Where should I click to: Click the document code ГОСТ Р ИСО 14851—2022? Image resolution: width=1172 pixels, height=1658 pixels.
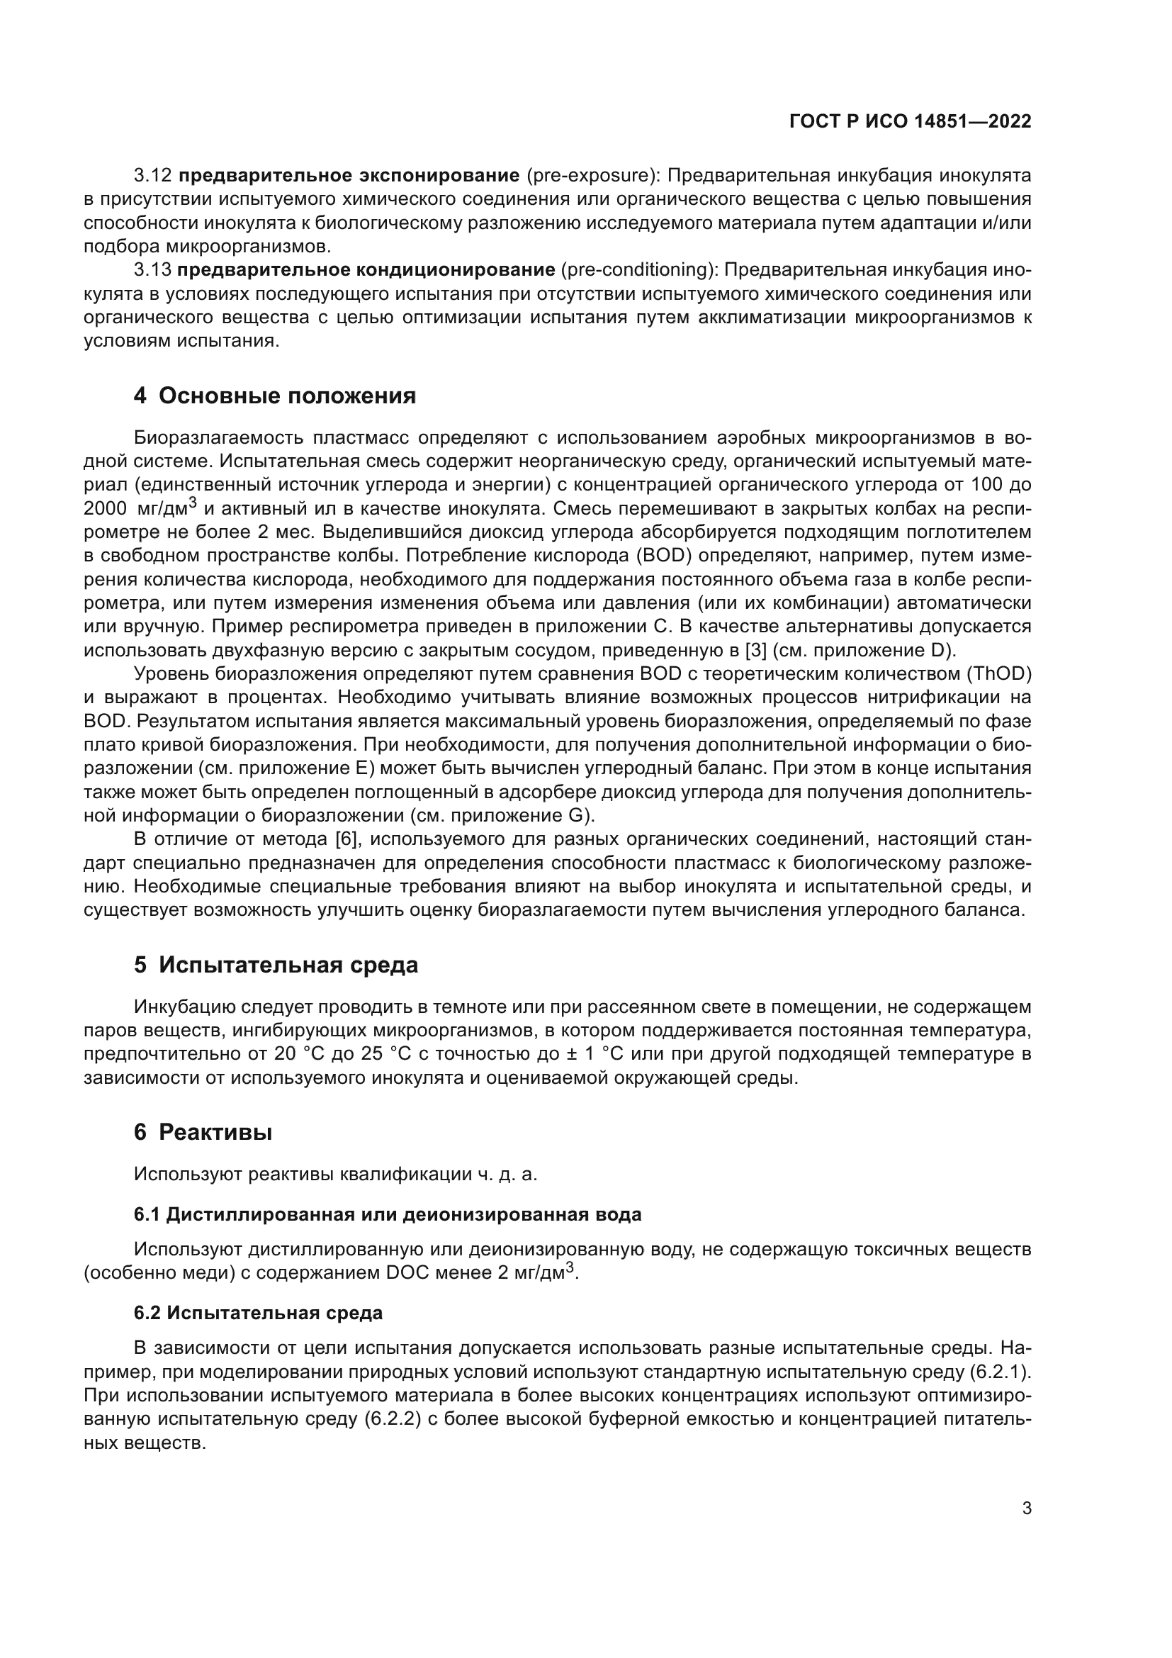[911, 121]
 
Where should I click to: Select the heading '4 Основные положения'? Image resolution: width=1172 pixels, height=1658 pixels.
[275, 396]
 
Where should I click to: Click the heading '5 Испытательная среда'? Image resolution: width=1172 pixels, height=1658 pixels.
[276, 965]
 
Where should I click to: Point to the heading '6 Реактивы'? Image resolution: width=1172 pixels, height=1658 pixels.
[203, 1132]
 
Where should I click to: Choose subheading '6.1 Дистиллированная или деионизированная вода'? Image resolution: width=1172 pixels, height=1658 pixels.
[388, 1215]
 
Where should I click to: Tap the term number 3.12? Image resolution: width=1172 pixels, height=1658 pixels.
[153, 176]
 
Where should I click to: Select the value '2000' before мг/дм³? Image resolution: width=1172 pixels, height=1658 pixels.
[106, 508]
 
